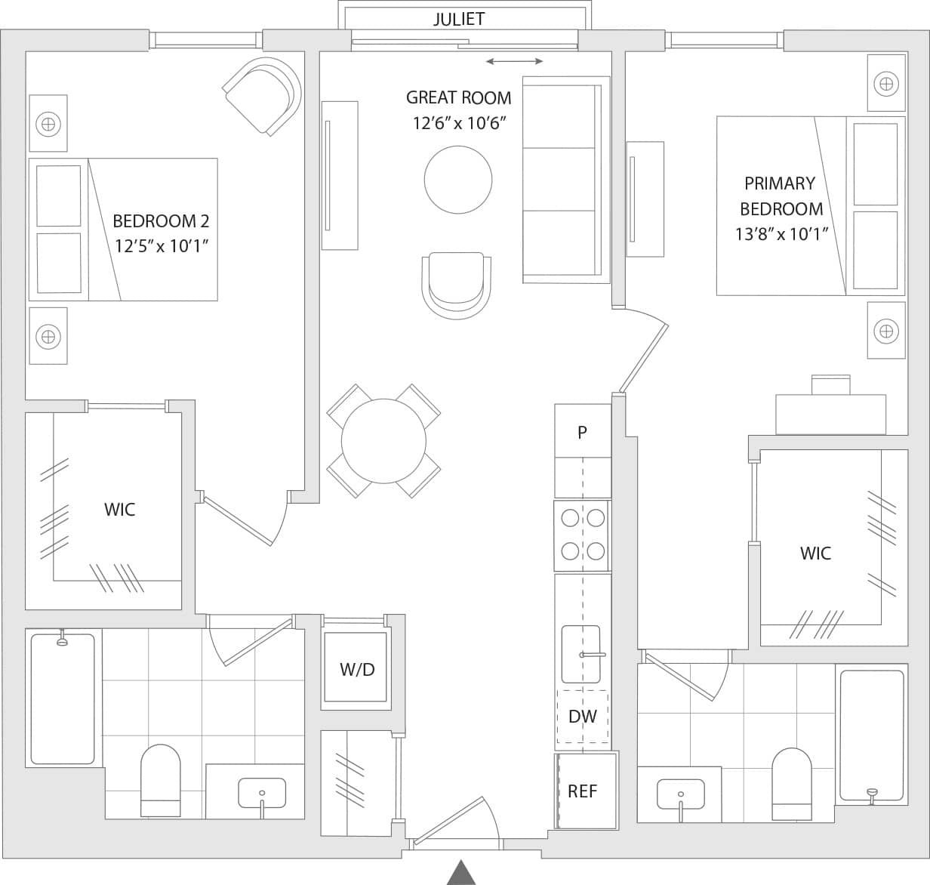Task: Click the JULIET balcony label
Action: [x=458, y=19]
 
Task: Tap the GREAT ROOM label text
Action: [x=458, y=97]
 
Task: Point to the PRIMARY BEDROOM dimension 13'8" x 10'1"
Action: [x=781, y=233]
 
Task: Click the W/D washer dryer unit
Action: [x=356, y=668]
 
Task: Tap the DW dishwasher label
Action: [x=582, y=717]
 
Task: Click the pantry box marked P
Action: [x=582, y=432]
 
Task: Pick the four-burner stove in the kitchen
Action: [x=582, y=535]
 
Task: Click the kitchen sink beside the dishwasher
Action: [x=580, y=654]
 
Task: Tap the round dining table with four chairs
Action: [x=383, y=442]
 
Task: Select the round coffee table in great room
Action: [x=458, y=180]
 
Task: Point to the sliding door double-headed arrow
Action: [x=514, y=61]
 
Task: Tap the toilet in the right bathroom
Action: [x=791, y=782]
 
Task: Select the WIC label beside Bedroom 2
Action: [x=119, y=509]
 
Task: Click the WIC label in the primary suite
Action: [x=815, y=553]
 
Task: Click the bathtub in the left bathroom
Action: [x=63, y=698]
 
